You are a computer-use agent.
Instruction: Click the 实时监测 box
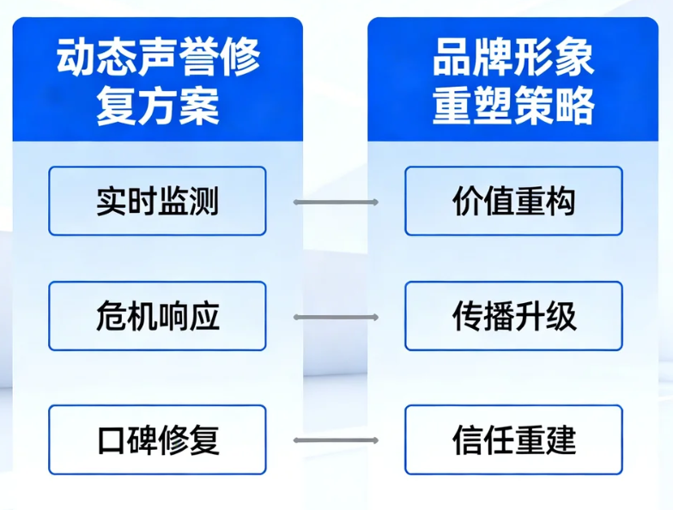tap(157, 202)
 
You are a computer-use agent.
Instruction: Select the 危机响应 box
tap(157, 317)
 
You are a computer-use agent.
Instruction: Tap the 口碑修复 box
tap(157, 440)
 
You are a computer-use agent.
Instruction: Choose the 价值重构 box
tap(513, 202)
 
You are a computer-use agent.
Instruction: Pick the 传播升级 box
tap(513, 317)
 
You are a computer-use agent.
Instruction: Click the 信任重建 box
tap(513, 440)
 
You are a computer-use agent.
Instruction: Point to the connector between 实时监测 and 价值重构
tap(336, 203)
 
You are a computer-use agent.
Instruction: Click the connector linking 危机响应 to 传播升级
tap(336, 317)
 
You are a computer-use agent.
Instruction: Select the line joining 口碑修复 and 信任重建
tap(336, 440)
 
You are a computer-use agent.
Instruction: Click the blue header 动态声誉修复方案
tap(157, 82)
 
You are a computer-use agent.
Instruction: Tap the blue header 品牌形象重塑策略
tap(513, 82)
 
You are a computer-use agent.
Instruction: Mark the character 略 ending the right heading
tap(575, 107)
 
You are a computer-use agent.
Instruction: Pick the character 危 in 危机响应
tap(111, 317)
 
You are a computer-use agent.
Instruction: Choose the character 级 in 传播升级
tap(561, 317)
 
